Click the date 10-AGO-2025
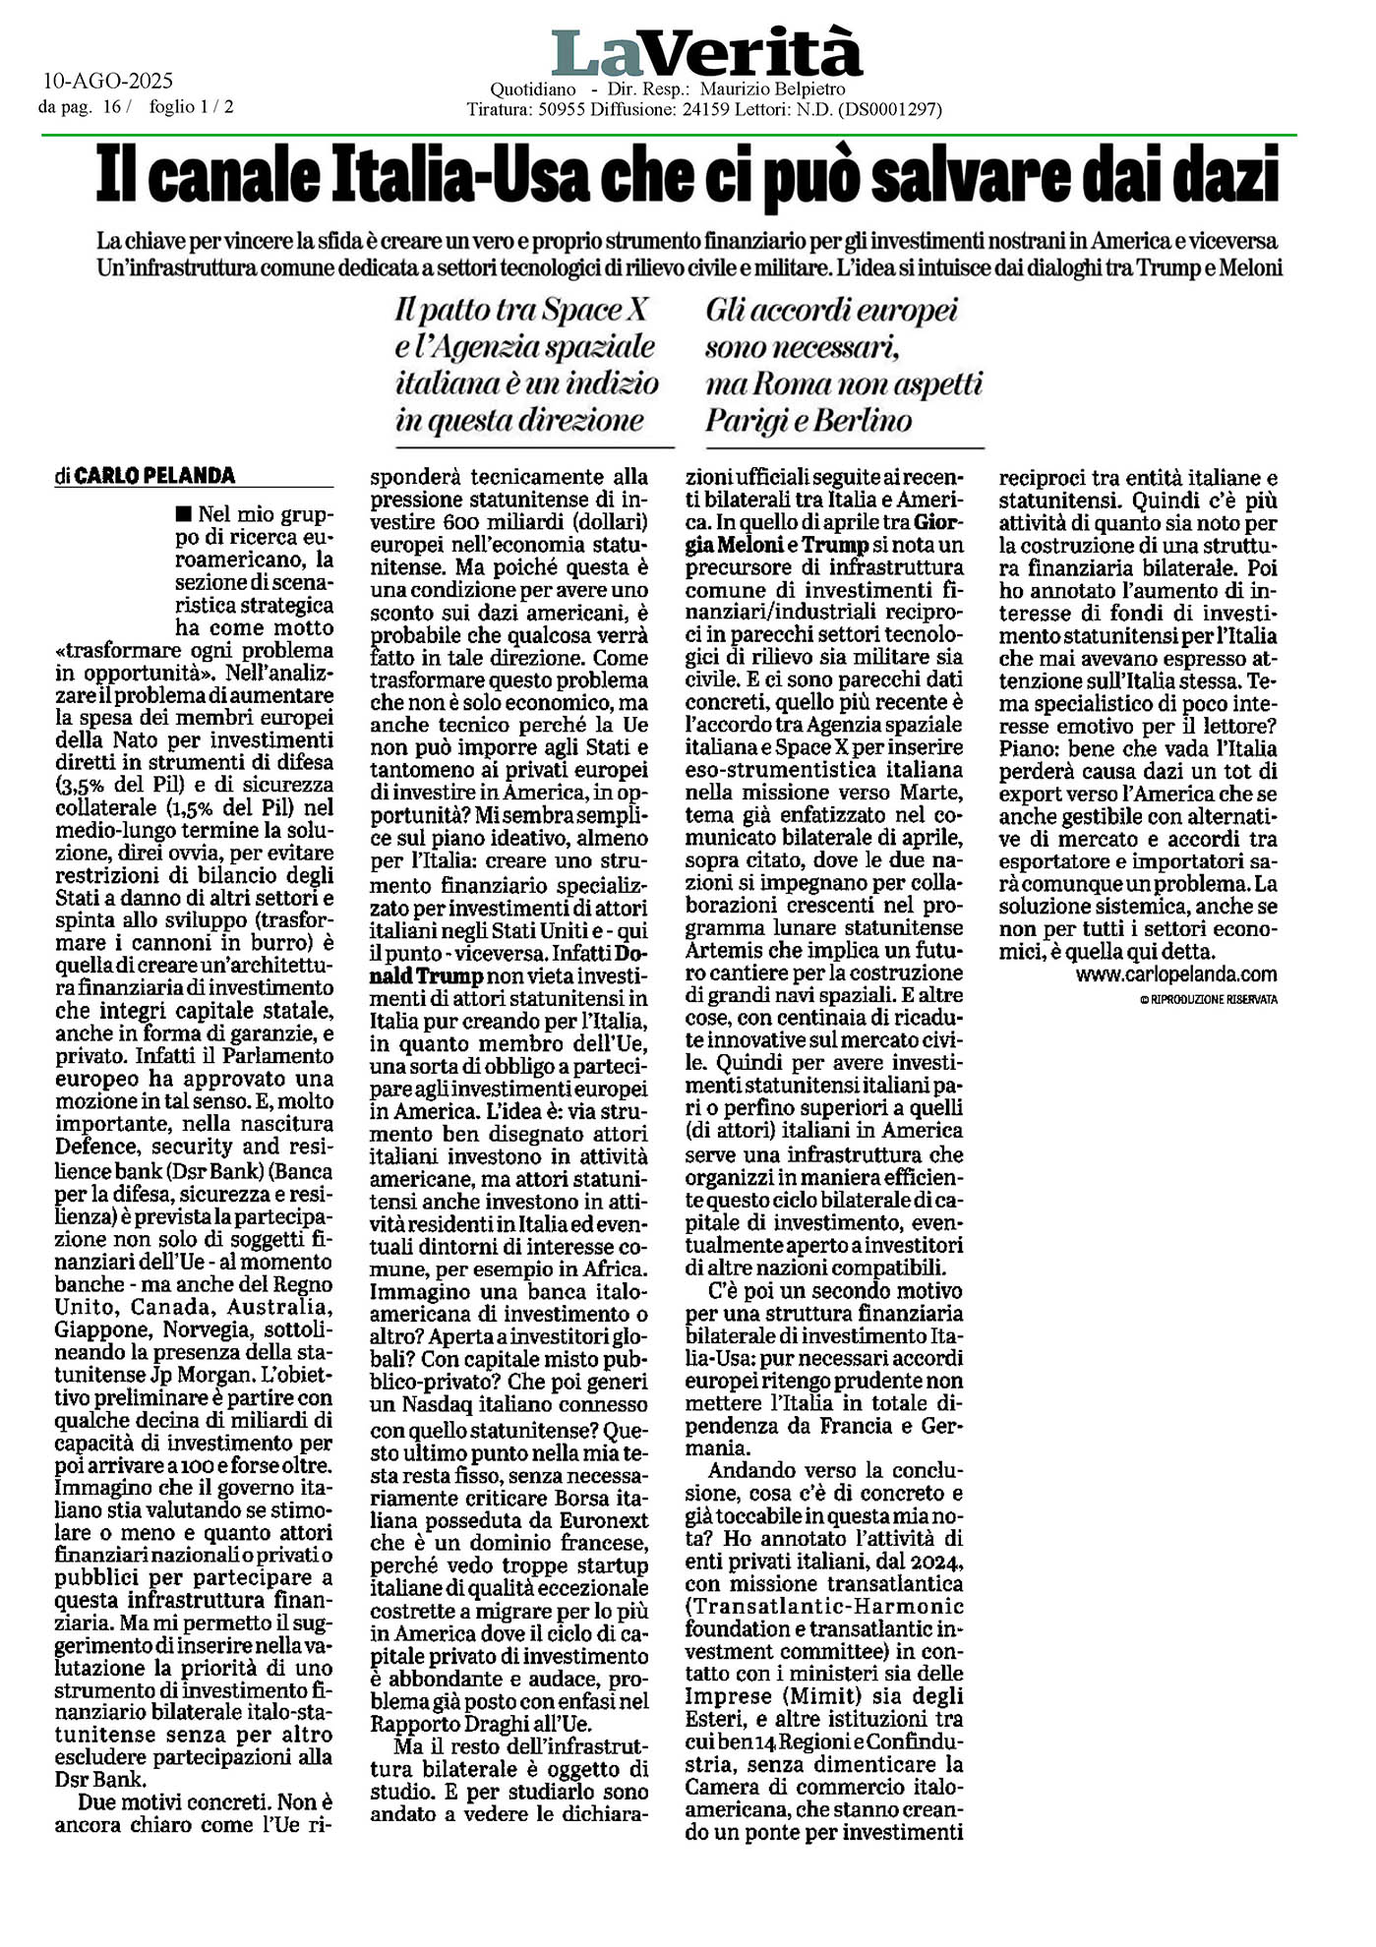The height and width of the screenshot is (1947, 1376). pos(108,82)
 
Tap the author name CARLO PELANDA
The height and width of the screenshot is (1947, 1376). pos(154,476)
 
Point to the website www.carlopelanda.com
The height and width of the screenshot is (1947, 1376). pos(1176,974)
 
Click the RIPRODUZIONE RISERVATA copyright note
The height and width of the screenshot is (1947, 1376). pos(1208,999)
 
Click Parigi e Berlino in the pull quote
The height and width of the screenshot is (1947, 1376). pos(808,421)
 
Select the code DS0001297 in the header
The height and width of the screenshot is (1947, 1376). pos(889,110)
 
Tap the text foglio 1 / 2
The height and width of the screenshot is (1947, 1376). pos(193,107)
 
